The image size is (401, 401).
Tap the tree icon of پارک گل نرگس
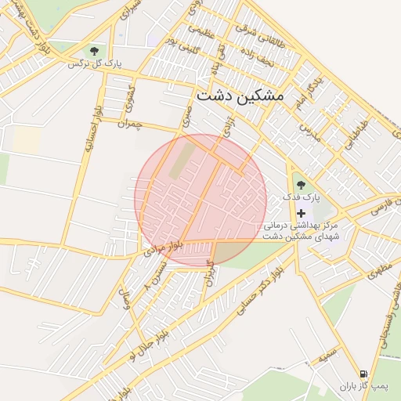click(x=95, y=52)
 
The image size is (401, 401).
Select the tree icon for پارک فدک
click(x=302, y=186)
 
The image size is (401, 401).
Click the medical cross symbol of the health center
click(x=302, y=213)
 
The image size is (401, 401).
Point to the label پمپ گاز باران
click(x=364, y=387)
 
